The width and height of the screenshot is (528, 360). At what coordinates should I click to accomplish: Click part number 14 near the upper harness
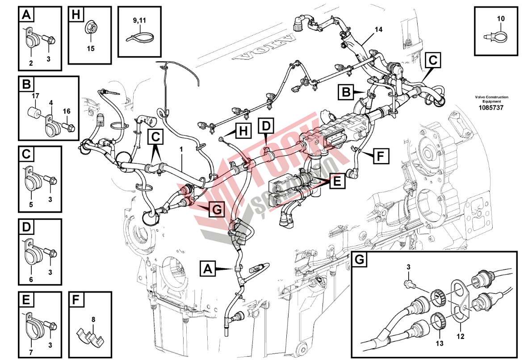(x=378, y=29)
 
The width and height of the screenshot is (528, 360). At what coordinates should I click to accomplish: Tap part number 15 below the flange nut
(x=91, y=48)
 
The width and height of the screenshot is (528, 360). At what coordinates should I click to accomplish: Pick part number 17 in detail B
(x=35, y=96)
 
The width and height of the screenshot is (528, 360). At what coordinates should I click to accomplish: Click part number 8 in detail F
(x=93, y=319)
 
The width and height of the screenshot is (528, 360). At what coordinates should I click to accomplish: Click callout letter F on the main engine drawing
(x=380, y=156)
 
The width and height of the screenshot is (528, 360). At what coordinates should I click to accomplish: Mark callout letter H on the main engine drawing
(x=243, y=130)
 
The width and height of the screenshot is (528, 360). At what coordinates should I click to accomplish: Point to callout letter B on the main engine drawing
(x=345, y=92)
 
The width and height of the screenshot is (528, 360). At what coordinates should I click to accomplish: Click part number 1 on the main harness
(x=181, y=150)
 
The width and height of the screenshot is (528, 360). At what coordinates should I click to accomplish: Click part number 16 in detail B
(x=66, y=111)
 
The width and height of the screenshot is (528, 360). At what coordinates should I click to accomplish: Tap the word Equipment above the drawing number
(x=491, y=101)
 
